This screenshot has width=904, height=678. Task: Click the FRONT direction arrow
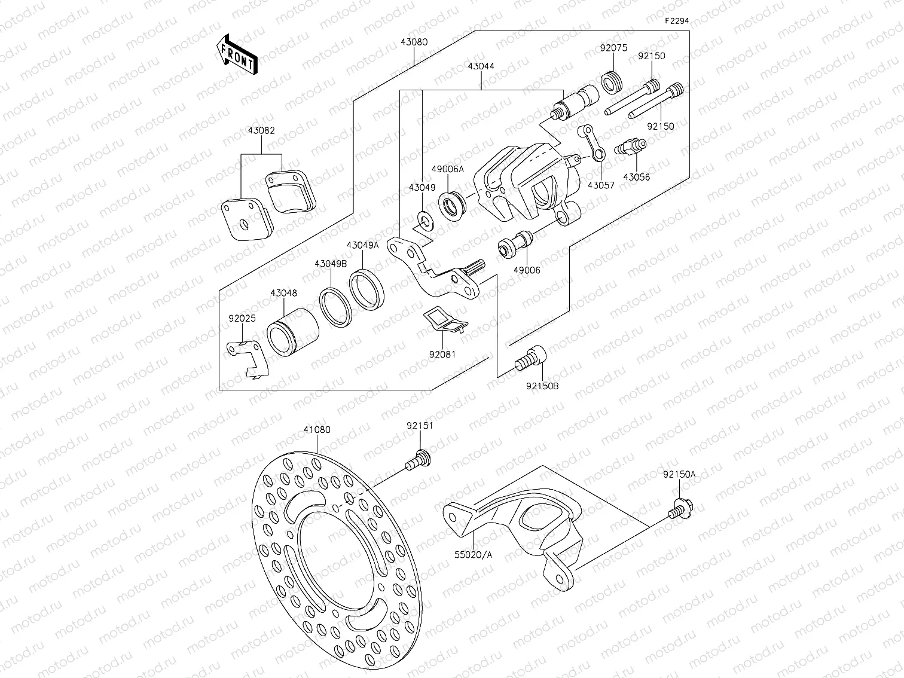(x=236, y=54)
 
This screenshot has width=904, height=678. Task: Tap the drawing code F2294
(x=677, y=20)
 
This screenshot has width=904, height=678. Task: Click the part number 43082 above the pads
(x=261, y=130)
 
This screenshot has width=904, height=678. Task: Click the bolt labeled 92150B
(x=531, y=359)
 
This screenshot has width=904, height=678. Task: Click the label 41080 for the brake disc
(x=316, y=430)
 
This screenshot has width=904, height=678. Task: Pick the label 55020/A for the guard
(x=472, y=554)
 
